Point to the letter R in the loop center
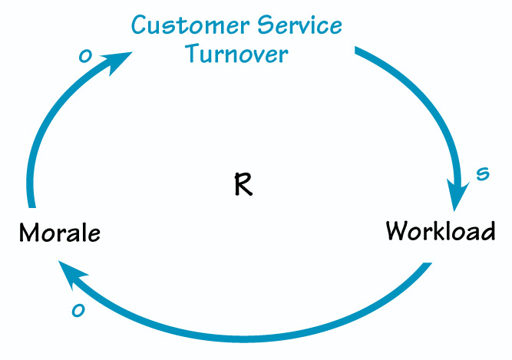point(243,185)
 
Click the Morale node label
point(59,232)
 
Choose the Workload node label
point(440,230)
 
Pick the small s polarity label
point(482,174)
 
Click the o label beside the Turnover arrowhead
point(85,56)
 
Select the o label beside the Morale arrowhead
point(78,310)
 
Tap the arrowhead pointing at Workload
point(457,197)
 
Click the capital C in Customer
point(140,25)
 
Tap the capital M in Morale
point(29,232)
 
